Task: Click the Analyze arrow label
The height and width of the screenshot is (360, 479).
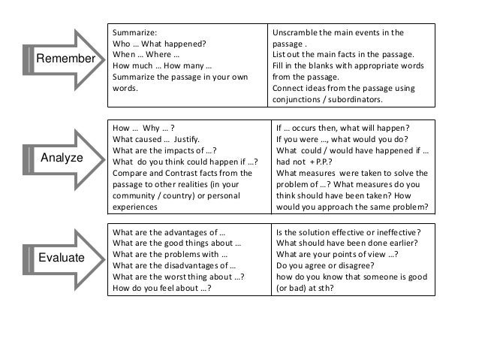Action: click(62, 159)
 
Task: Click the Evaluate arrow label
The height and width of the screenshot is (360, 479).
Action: click(61, 257)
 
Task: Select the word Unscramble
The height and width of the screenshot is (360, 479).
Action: click(296, 34)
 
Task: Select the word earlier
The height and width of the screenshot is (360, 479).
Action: click(408, 242)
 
